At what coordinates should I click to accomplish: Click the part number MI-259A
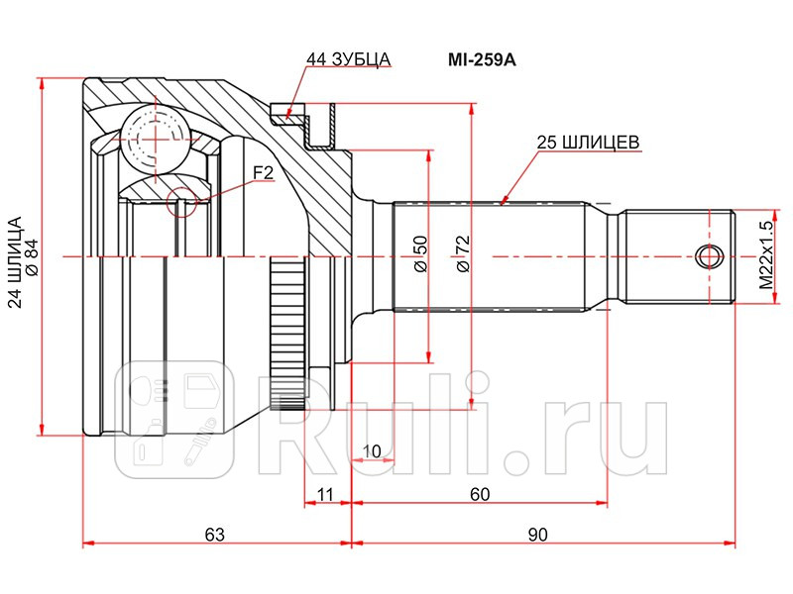click(x=483, y=59)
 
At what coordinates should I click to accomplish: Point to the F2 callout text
click(x=263, y=173)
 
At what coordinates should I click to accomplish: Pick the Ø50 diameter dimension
click(x=420, y=255)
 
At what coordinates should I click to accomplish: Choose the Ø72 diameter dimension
click(x=462, y=255)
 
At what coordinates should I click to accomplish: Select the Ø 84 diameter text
click(x=32, y=255)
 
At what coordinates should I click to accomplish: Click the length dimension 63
click(x=214, y=535)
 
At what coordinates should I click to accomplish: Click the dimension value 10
click(x=372, y=452)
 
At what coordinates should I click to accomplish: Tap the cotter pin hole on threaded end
click(x=706, y=256)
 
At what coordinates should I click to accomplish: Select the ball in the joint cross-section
click(x=156, y=135)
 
